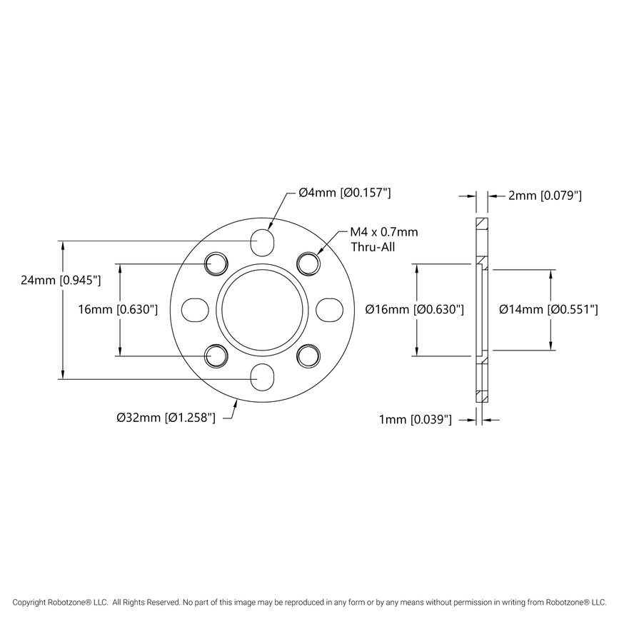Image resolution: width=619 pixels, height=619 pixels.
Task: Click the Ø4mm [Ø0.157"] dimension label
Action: click(x=344, y=193)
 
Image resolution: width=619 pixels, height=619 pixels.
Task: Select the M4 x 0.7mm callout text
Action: click(x=383, y=233)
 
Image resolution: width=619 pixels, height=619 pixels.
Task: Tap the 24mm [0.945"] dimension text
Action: click(x=62, y=281)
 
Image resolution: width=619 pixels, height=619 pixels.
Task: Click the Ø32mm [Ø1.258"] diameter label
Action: click(x=166, y=418)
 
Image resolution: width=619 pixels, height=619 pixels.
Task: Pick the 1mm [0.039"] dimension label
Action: click(x=415, y=421)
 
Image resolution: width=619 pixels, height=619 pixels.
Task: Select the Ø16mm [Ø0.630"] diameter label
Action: click(x=415, y=309)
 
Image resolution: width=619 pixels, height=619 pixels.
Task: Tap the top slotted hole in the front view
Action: click(x=263, y=241)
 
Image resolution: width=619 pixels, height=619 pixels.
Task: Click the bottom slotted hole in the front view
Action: click(x=263, y=377)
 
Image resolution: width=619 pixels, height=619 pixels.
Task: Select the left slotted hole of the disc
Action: click(x=195, y=309)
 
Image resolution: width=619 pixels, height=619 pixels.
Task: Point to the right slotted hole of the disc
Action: click(x=331, y=309)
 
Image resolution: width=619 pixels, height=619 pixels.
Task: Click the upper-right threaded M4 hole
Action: click(x=309, y=263)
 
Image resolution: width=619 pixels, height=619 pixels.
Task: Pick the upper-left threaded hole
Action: click(x=216, y=263)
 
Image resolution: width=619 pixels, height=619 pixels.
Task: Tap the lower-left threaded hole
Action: click(x=216, y=355)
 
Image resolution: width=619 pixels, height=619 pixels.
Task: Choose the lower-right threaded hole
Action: click(x=309, y=355)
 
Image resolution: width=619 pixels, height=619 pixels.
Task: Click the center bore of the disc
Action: click(x=263, y=309)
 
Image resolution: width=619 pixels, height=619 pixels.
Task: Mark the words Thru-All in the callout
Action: click(x=372, y=247)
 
